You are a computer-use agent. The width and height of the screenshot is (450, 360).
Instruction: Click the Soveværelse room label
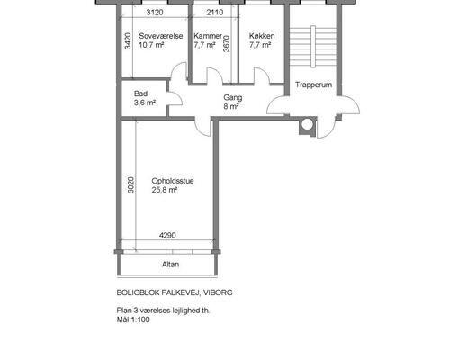(x=161, y=36)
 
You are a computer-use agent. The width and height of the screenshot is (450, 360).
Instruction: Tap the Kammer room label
(x=208, y=36)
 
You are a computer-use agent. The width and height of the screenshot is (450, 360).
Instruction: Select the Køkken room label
(x=262, y=36)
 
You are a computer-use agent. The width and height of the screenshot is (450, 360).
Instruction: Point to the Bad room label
(x=140, y=94)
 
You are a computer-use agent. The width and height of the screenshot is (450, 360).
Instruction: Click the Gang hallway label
(x=233, y=98)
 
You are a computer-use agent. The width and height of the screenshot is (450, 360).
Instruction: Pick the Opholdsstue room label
(x=173, y=181)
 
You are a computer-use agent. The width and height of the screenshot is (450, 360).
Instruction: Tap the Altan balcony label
(x=170, y=265)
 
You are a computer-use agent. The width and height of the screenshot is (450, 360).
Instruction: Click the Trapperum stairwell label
(x=313, y=85)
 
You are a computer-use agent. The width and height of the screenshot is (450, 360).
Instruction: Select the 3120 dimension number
(x=155, y=13)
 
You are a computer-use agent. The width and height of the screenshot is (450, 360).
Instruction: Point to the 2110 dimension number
(x=215, y=13)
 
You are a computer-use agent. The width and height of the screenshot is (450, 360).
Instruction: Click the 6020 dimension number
(x=131, y=185)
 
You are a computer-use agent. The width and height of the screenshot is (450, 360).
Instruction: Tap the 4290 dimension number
(x=167, y=236)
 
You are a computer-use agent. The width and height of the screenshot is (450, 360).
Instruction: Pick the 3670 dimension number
(x=227, y=44)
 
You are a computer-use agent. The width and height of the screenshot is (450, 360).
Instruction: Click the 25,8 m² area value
(x=165, y=190)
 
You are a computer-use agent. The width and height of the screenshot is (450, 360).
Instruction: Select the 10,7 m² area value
(x=151, y=45)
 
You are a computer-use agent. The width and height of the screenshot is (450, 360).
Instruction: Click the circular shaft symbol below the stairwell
(x=307, y=125)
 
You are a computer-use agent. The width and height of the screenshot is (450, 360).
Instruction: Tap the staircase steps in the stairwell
(x=313, y=47)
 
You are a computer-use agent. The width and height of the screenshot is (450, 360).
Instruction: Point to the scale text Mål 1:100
(x=133, y=319)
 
